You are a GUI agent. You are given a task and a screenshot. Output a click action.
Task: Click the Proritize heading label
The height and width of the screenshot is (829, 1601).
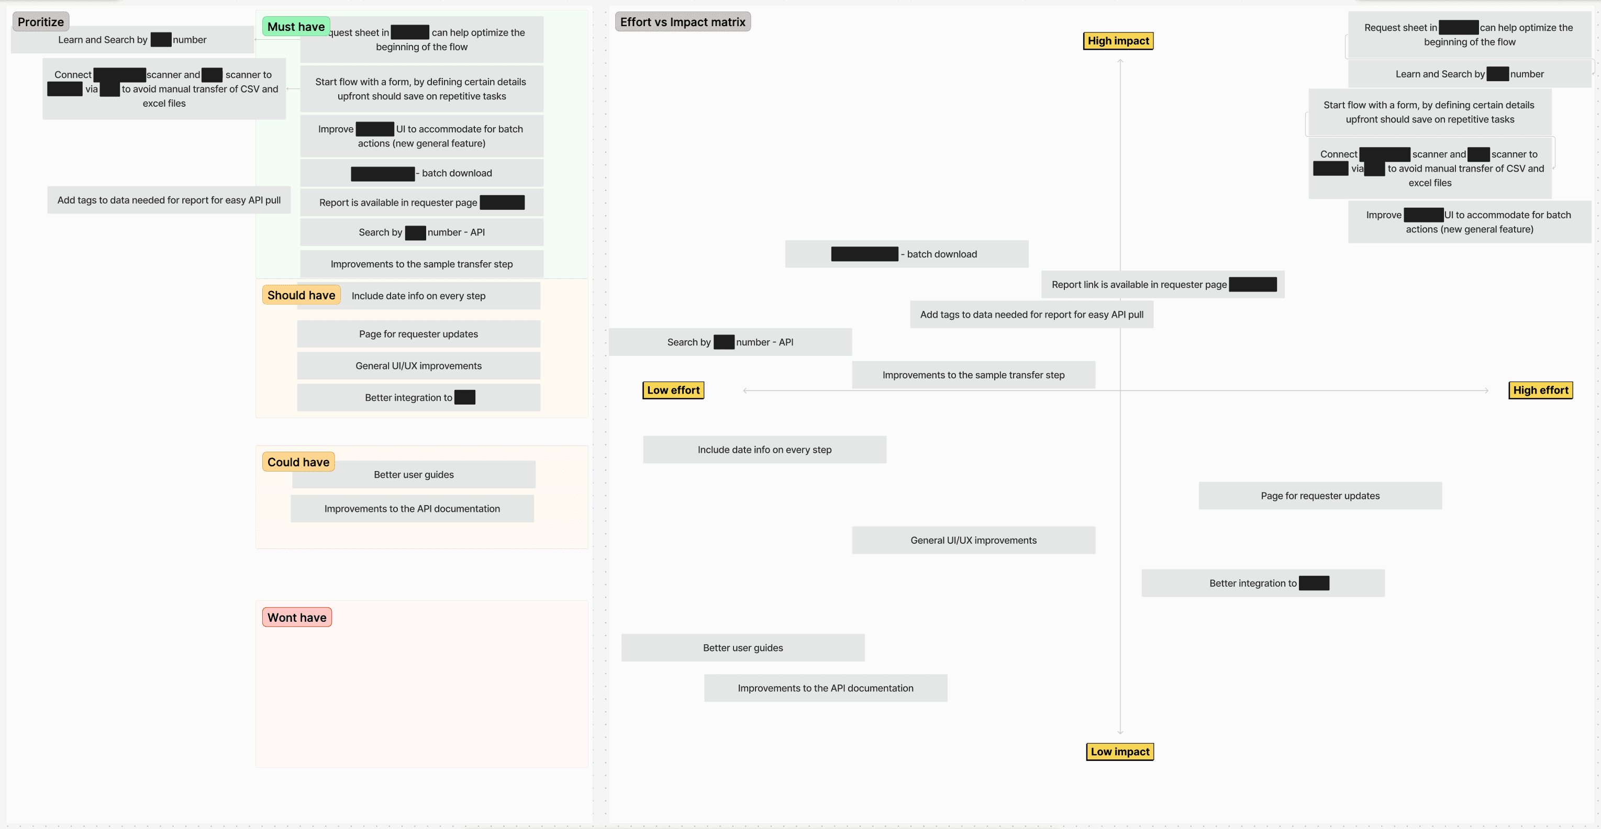40,22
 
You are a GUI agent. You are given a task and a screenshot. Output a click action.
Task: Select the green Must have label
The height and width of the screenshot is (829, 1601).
296,26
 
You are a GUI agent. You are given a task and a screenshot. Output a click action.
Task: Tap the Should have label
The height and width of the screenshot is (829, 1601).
301,295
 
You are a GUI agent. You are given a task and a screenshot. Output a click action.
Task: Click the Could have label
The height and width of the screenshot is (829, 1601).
298,462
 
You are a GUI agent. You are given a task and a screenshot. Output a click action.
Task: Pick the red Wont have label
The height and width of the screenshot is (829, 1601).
296,617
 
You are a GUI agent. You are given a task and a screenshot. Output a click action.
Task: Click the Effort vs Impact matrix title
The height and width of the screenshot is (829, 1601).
682,22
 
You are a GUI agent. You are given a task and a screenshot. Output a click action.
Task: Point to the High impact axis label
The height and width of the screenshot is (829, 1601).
1118,41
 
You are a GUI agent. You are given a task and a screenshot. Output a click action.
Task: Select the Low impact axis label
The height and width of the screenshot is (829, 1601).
1119,752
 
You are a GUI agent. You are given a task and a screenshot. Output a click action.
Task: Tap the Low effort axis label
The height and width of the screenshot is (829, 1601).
673,390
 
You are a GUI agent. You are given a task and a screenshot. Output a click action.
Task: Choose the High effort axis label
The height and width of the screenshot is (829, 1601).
1540,390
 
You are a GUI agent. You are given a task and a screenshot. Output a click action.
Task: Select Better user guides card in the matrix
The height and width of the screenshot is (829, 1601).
743,647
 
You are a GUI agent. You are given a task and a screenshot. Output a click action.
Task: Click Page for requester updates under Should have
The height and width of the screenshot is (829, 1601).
418,334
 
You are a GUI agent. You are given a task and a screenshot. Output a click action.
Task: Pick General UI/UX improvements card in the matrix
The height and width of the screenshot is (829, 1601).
973,540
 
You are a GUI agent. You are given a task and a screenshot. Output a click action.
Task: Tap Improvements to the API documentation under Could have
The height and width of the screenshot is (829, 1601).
412,508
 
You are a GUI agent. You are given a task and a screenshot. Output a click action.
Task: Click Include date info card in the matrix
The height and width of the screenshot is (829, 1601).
764,449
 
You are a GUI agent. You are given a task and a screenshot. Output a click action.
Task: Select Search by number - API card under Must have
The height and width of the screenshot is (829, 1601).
421,232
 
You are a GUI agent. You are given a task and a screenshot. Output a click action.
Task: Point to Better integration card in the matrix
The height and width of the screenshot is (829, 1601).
1262,583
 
